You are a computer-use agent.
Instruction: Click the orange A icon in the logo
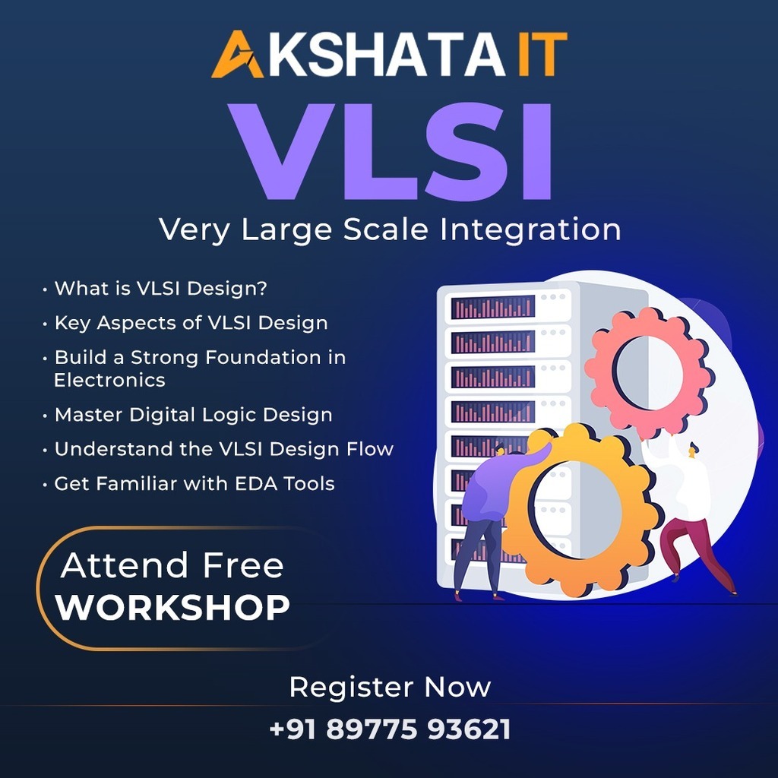coord(237,55)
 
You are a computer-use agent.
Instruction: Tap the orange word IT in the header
coord(542,55)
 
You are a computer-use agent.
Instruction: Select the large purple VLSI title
coord(391,152)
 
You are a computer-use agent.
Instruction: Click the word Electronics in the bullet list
coord(109,380)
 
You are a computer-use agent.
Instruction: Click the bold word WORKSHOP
coord(172,607)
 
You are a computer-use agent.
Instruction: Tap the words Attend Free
coord(172,565)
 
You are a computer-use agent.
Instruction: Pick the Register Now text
coord(390,687)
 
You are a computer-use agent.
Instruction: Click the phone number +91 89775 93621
coord(390,729)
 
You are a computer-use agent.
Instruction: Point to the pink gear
coord(649,372)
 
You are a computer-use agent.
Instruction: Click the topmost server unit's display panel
coord(493,307)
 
